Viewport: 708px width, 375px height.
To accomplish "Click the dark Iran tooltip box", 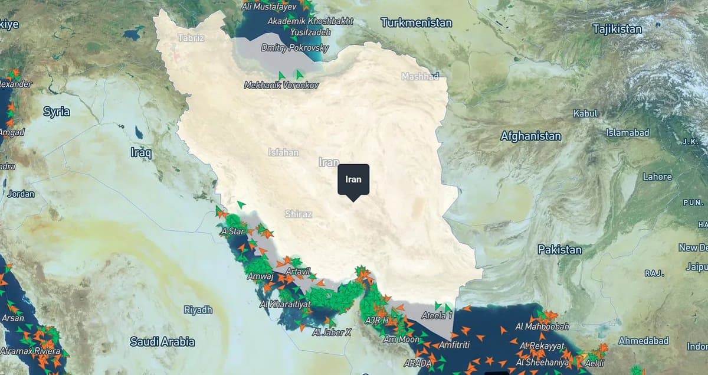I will [x=353, y=179].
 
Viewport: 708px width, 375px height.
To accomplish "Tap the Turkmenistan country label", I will [x=416, y=23].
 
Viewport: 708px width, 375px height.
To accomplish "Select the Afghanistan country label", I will [x=530, y=136].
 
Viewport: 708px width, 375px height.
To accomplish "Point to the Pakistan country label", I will [x=559, y=250].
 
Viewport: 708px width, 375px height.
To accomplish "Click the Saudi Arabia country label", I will [x=162, y=341].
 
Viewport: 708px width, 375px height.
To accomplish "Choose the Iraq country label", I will [x=141, y=153].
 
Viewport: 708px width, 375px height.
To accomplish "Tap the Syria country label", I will [x=57, y=112].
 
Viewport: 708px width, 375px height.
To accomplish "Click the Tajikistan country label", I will [x=617, y=28].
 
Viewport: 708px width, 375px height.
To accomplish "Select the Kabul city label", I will [x=585, y=113].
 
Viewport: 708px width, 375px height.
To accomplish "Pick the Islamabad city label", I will [x=627, y=132].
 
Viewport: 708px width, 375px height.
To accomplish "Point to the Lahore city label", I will [x=657, y=177].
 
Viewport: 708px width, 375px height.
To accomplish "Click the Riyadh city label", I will [x=198, y=309].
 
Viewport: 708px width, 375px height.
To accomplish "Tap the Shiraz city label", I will [x=298, y=214].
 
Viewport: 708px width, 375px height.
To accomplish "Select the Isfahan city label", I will [x=283, y=152].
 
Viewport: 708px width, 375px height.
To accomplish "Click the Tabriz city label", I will [x=191, y=38].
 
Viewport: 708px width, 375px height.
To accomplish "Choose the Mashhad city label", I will [x=420, y=76].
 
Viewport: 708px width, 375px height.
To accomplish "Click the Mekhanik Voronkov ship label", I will [x=281, y=86].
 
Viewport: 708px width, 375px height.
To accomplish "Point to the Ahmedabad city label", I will [x=643, y=341].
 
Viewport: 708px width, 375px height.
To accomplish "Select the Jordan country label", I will [x=21, y=193].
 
